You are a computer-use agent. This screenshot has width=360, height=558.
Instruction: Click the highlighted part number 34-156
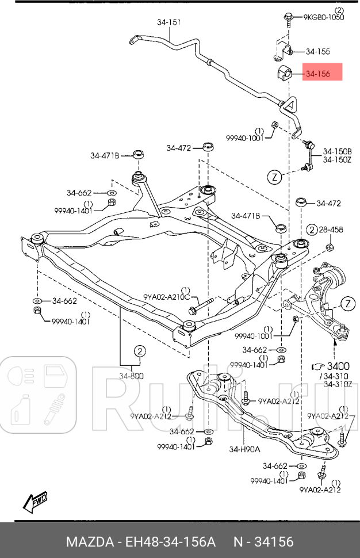point(317,74)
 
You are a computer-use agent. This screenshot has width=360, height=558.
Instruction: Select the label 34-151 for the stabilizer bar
point(169,22)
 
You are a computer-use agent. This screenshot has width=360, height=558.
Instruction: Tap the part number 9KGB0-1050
point(324,17)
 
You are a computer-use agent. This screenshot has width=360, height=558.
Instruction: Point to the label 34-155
point(317,51)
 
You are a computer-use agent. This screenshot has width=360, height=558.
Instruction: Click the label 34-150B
point(336,151)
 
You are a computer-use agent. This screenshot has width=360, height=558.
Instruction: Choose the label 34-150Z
point(336,160)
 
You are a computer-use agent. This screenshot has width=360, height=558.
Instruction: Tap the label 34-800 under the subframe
point(132,376)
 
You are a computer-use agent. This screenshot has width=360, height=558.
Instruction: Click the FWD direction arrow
point(36,502)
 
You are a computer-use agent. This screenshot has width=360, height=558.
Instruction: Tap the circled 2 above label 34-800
point(140,351)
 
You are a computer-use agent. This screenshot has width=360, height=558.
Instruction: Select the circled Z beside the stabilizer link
point(274,177)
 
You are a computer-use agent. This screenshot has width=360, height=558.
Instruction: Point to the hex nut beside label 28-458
point(330,247)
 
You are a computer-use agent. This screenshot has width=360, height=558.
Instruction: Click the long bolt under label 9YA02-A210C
point(201,305)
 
